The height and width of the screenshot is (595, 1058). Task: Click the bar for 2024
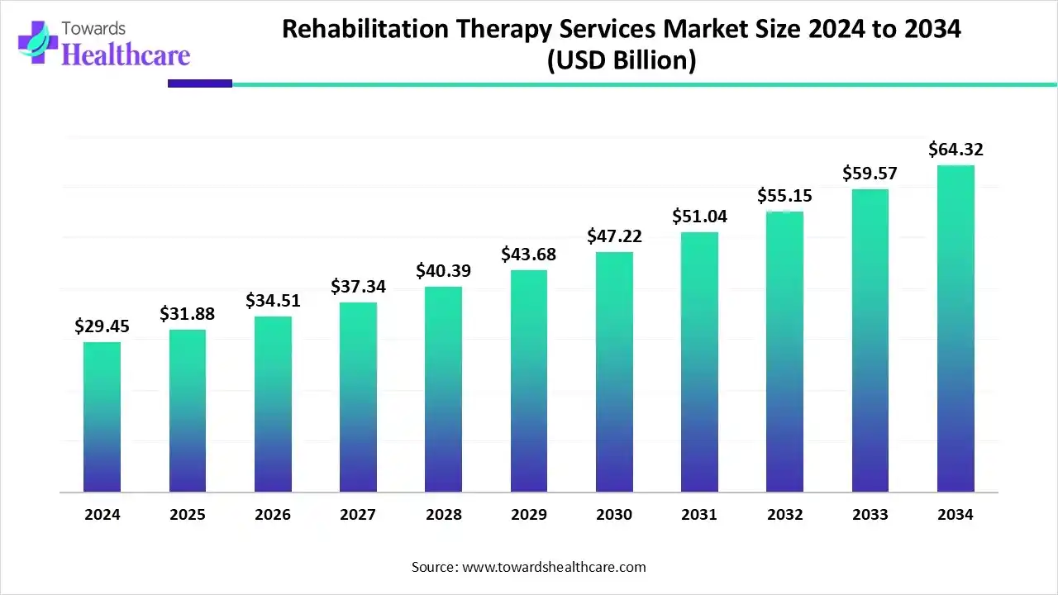(x=102, y=417)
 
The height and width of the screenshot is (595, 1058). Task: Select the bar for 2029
(x=528, y=381)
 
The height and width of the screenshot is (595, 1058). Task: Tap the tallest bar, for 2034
(x=956, y=329)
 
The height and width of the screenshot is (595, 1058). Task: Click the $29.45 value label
(x=102, y=326)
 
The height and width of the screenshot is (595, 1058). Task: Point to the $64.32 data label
(x=956, y=150)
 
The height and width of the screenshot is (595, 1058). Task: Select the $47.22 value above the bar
(x=614, y=236)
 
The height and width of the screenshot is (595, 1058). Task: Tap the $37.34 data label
(x=358, y=287)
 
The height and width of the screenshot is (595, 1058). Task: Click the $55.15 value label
(x=784, y=196)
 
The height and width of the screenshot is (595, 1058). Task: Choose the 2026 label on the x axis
(x=272, y=515)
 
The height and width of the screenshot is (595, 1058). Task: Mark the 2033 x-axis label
(x=870, y=515)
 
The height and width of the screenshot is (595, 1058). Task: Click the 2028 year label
(x=443, y=515)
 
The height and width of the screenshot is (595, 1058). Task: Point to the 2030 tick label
(x=614, y=515)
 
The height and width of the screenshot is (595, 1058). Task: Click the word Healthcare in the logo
(x=126, y=55)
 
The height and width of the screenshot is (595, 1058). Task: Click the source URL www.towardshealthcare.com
(x=551, y=567)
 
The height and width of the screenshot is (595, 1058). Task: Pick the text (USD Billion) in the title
(x=621, y=60)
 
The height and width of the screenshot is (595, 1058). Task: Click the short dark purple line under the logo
(x=200, y=83)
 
